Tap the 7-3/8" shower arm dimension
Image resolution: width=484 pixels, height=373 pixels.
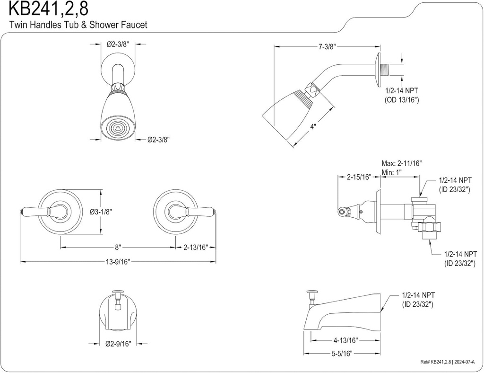(327, 46)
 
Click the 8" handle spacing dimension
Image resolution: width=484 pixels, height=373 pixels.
(118, 247)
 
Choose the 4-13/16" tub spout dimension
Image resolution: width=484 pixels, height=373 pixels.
(345, 339)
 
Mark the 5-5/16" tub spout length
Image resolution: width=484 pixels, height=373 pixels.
(341, 353)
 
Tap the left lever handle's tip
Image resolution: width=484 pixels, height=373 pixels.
(23, 211)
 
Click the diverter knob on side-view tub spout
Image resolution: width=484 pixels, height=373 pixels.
(311, 296)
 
